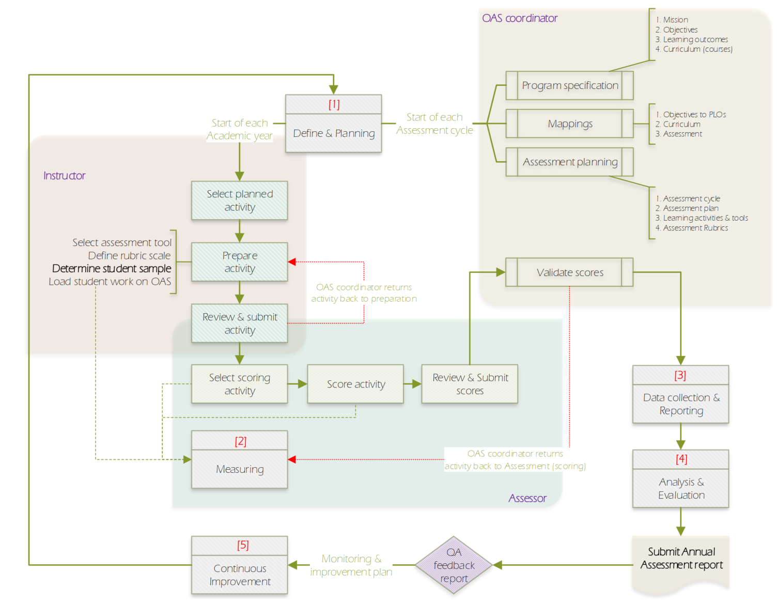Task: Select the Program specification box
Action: [569, 86]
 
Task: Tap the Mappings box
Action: [569, 124]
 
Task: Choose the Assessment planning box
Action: [569, 162]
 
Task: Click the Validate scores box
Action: [569, 272]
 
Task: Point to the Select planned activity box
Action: [239, 200]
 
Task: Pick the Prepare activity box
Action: [239, 262]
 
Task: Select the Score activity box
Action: [355, 384]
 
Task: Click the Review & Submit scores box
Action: [470, 384]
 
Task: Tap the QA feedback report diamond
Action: [454, 565]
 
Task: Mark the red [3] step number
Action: [680, 375]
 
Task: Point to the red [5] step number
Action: [242, 545]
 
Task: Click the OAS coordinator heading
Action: [519, 18]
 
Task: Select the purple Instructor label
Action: [64, 176]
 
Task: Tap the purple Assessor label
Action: [527, 498]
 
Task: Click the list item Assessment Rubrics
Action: [695, 228]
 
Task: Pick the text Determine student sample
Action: [112, 269]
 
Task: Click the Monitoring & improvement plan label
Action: [351, 565]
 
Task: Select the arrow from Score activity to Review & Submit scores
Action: [412, 384]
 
